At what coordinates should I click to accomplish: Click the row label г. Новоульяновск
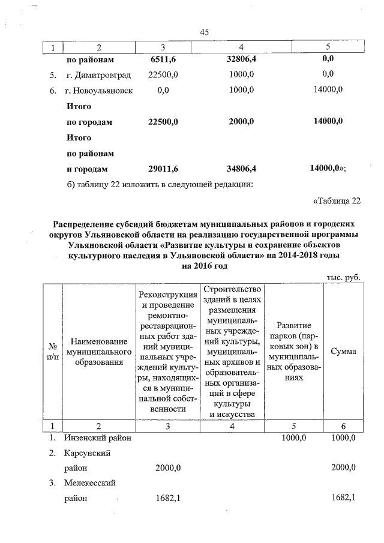coord(100,90)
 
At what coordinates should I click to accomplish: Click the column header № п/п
coord(52,352)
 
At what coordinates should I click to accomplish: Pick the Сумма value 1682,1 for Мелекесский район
coord(343,498)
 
